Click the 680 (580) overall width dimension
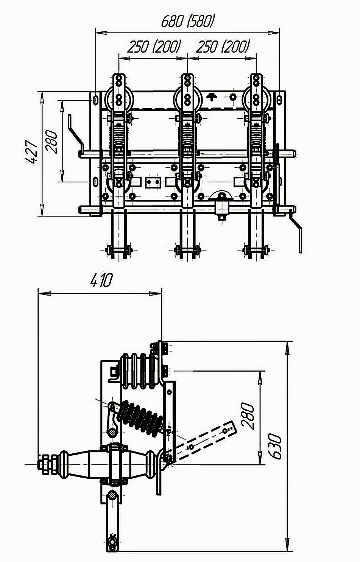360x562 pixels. pos(188,22)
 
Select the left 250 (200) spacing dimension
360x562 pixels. pos(154,47)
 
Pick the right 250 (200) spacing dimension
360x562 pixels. pos(223,47)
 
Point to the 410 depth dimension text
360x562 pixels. pos(101,281)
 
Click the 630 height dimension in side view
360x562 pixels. pos(276,447)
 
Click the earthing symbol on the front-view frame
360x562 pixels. pos(212,97)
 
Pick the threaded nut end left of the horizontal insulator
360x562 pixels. pos(44,464)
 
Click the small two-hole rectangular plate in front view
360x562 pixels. pos(153,182)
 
